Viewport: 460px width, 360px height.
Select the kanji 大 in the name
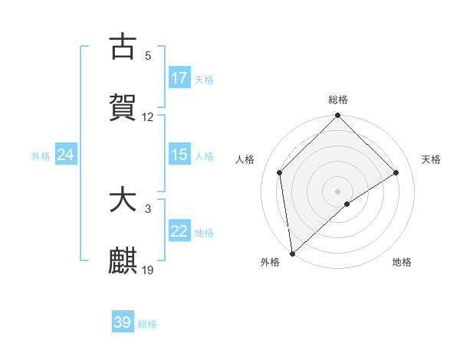(123, 201)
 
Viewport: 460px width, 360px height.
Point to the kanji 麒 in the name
(123, 261)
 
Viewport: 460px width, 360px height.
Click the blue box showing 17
(179, 78)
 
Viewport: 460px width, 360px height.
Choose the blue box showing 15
(179, 155)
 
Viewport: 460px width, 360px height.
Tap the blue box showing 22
(179, 231)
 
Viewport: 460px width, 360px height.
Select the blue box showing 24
(66, 155)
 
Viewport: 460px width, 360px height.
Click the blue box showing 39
(123, 322)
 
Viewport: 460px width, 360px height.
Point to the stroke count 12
(148, 117)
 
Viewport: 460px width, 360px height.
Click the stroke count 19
(148, 270)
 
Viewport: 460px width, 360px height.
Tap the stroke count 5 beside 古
(148, 56)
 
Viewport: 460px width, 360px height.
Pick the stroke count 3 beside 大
(148, 208)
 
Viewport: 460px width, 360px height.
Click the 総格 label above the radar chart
(338, 100)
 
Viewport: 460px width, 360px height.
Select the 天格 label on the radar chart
(432, 159)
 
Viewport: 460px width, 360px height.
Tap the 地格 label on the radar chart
(402, 262)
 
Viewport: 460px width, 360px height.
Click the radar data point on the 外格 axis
(292, 253)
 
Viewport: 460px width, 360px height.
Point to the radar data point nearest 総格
(338, 116)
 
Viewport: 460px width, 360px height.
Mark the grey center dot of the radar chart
(338, 191)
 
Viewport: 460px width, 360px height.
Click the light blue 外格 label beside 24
(41, 155)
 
